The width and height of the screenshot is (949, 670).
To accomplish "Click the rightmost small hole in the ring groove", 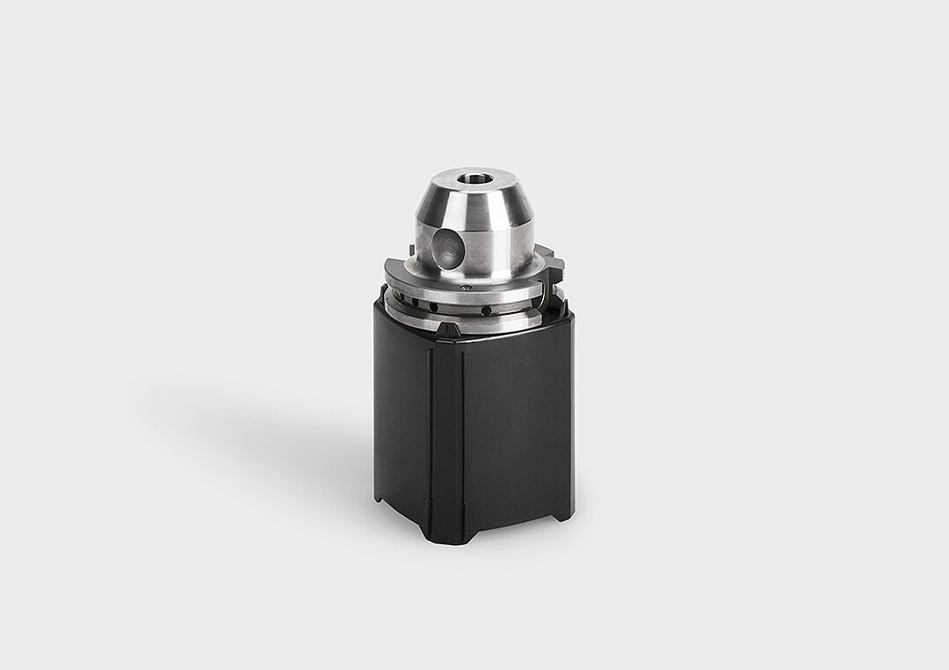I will pos(486,310).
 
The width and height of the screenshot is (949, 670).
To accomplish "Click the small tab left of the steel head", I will pos(410,251).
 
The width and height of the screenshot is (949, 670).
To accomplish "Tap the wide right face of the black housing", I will pos(518,422).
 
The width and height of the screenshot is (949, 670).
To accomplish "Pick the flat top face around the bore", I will pos(492,176).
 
